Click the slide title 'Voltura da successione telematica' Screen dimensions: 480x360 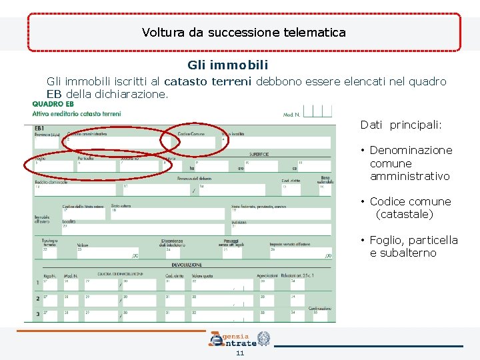pos(243,32)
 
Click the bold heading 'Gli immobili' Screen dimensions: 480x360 pos(228,65)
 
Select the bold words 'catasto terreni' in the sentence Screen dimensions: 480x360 pos(207,82)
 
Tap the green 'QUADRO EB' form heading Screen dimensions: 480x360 pos(53,104)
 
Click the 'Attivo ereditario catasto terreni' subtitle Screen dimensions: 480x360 pos(77,113)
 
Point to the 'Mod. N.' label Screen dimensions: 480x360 pos(292,115)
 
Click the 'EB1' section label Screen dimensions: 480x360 pos(39,127)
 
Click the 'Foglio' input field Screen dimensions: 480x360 pos(53,166)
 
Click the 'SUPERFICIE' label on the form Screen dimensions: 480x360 pos(259,154)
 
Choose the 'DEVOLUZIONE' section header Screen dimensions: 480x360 pos(182,265)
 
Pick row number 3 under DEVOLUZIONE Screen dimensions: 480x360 pos(37,314)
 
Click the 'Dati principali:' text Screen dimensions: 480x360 pos(401,125)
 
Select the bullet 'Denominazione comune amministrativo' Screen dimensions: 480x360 pos(410,163)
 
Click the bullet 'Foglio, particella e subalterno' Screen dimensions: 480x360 pos(413,246)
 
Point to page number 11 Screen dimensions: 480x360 pos(240,353)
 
